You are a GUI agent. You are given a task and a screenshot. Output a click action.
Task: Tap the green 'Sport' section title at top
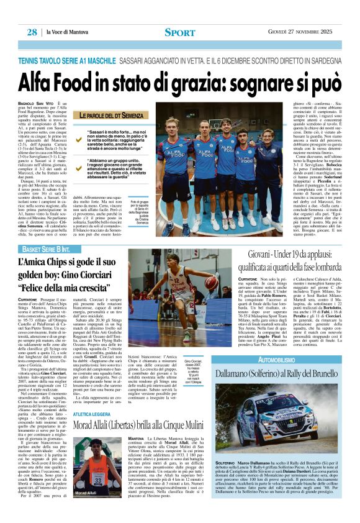[x=180, y=32]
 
